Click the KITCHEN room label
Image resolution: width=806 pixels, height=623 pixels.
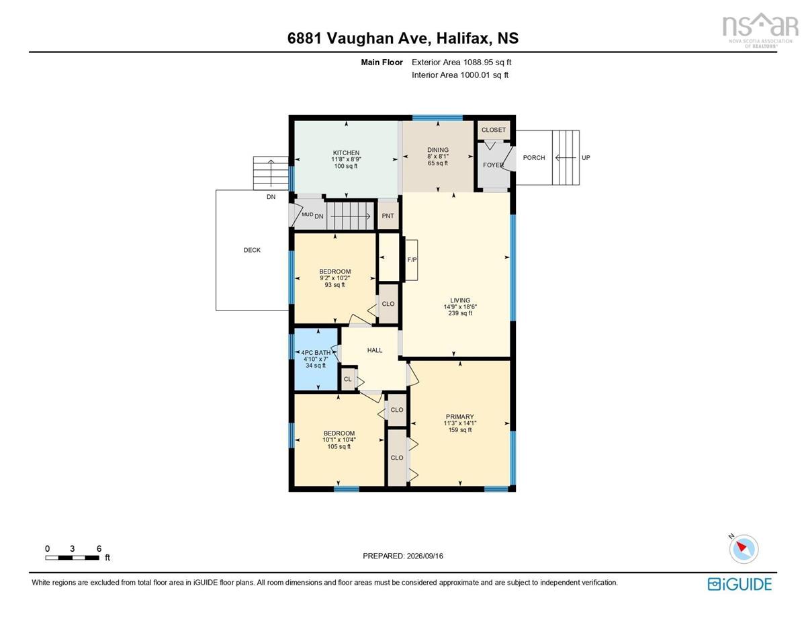click(x=346, y=153)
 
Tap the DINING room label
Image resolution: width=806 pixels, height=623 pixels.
click(x=438, y=150)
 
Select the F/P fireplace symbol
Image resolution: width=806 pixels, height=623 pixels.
click(x=412, y=259)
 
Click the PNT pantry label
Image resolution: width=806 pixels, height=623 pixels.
click(x=388, y=216)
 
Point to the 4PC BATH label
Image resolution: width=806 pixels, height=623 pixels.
click(x=316, y=353)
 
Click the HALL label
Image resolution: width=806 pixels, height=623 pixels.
click(x=375, y=350)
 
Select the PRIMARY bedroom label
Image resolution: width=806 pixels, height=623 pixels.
click(x=460, y=416)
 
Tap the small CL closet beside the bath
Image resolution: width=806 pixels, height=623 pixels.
click(x=347, y=379)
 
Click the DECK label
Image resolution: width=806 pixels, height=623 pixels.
click(x=252, y=250)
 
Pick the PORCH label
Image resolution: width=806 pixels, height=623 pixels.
click(x=534, y=158)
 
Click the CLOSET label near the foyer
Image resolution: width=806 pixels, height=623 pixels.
click(x=493, y=130)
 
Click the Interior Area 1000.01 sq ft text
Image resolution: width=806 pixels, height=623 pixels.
click(x=460, y=75)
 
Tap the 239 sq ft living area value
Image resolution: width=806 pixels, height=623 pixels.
click(x=460, y=313)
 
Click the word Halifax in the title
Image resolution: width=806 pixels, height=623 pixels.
click(x=463, y=38)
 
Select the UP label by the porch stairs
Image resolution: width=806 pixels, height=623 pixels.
click(x=586, y=158)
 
